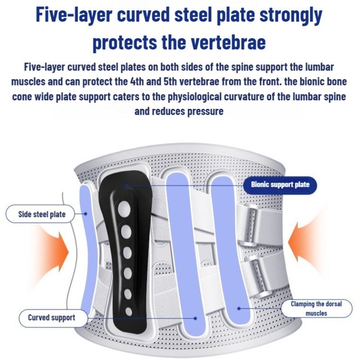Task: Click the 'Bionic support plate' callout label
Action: [279, 185]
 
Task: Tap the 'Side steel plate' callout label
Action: [42, 214]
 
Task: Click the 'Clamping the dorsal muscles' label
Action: [316, 308]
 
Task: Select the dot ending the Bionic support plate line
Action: [127, 185]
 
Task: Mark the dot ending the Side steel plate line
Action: [86, 214]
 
